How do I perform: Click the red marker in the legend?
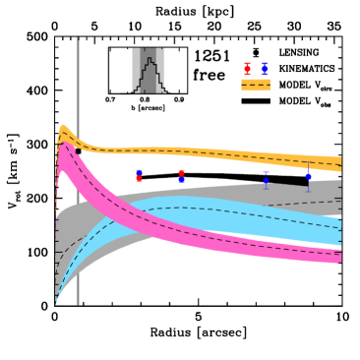pos(247,69)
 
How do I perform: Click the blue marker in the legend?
pos(265,69)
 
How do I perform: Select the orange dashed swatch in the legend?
pos(256,85)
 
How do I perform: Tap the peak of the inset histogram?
pos(149,59)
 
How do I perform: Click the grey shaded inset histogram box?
pos(149,71)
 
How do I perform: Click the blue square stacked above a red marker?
pos(139,172)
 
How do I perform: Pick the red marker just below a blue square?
pos(139,179)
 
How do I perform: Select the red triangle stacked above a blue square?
pos(181,172)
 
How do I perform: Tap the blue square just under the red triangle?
pos(181,179)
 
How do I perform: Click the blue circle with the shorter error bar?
pos(266,180)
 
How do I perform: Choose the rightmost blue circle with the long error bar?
pos(308,176)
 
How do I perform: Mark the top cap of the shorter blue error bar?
pos(266,172)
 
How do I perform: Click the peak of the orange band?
pos(63,129)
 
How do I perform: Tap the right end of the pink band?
pos(339,257)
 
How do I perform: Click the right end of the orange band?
pos(339,163)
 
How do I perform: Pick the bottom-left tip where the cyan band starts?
pos(56,300)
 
